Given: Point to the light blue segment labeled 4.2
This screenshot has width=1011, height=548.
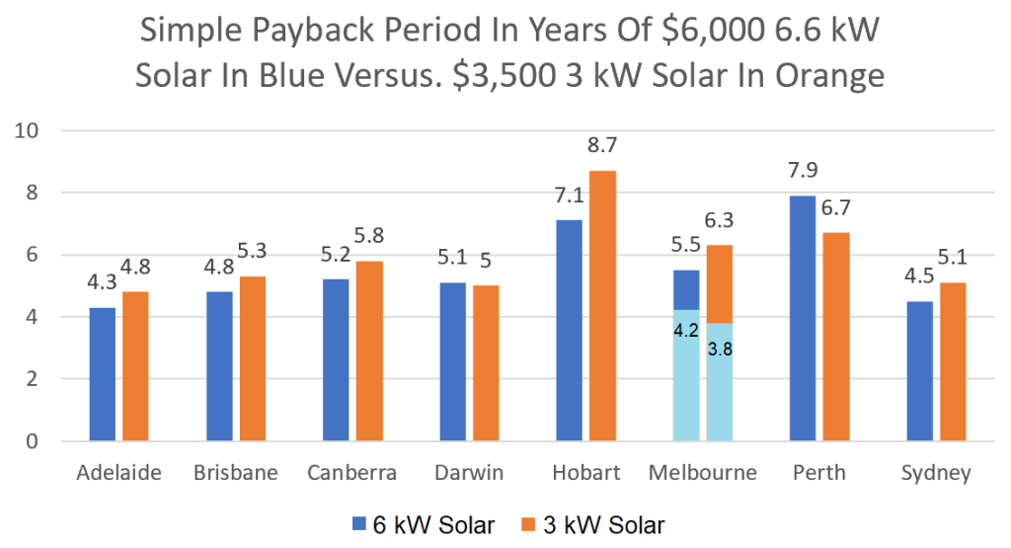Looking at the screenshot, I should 686,375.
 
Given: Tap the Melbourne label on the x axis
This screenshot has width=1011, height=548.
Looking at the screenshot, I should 703,473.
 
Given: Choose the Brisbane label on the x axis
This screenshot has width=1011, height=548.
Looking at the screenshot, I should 236,473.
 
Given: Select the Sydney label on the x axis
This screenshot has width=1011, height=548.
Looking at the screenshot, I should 936,473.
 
